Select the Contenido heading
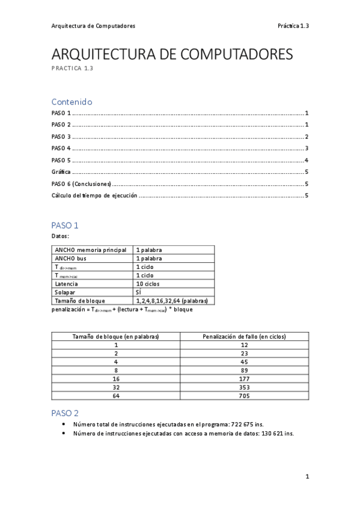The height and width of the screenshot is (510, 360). [x=72, y=102]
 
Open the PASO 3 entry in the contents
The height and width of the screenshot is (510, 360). [x=62, y=137]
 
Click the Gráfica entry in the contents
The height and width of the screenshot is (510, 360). [x=61, y=171]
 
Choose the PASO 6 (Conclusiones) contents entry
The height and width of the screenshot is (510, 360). [x=82, y=183]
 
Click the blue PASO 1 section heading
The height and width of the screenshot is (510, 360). [x=65, y=226]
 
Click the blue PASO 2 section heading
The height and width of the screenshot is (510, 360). [x=65, y=413]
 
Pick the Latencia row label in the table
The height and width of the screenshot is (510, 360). [x=66, y=283]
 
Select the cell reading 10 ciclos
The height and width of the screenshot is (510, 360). [x=148, y=283]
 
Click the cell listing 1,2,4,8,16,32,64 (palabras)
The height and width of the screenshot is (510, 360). [x=172, y=300]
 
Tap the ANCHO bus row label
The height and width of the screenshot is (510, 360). [x=70, y=258]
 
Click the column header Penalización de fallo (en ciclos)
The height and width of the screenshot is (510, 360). [x=244, y=337]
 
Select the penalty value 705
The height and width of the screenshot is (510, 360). [x=244, y=396]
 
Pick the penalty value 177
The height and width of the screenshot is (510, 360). [x=244, y=379]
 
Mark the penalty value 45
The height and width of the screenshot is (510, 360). [x=244, y=362]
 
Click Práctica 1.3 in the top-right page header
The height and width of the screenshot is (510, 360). [x=293, y=26]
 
